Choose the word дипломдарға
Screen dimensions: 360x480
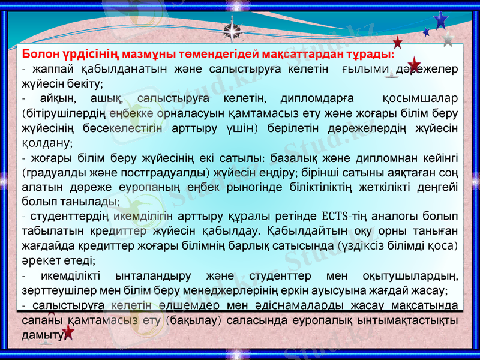tap(316, 98)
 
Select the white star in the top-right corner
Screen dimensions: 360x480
tap(448, 39)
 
